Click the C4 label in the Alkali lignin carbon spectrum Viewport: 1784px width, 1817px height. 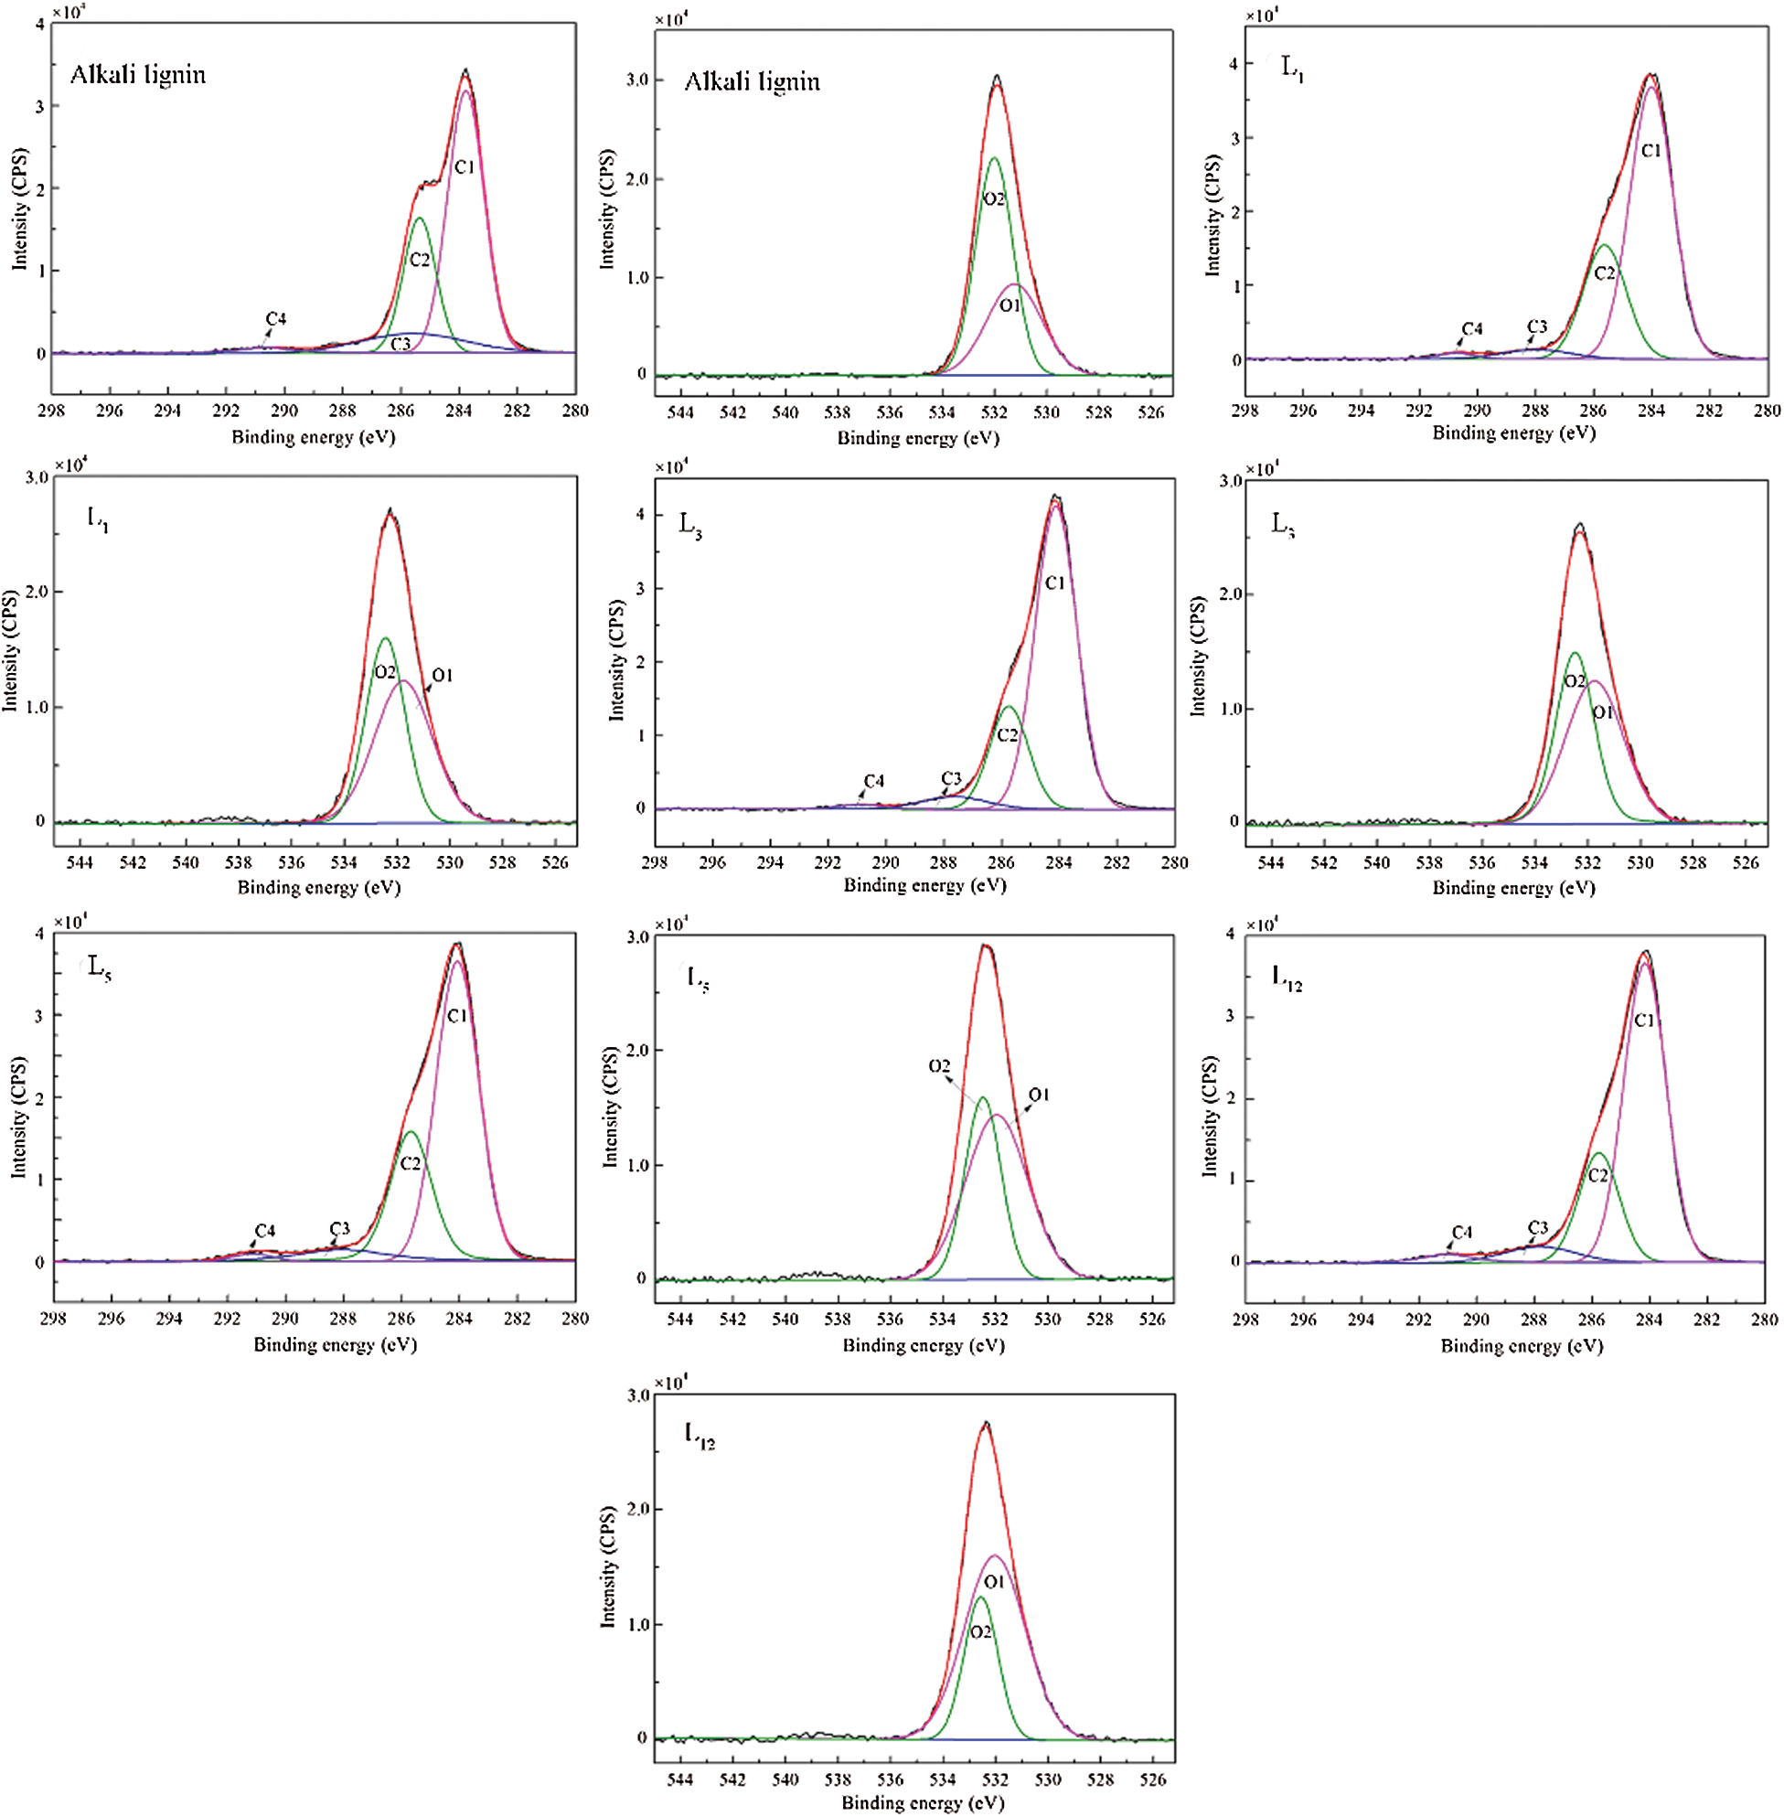point(275,318)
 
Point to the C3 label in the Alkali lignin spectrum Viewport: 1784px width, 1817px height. point(401,344)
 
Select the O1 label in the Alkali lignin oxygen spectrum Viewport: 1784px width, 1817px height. point(1010,305)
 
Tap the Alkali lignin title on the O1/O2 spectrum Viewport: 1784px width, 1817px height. point(752,82)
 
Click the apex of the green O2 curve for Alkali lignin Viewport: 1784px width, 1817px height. point(994,158)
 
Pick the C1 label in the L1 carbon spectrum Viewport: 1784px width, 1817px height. point(1650,150)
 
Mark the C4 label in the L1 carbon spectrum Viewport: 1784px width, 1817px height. point(1472,328)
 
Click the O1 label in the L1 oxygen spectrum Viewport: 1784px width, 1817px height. point(443,675)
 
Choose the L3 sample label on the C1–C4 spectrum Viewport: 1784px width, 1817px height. point(690,525)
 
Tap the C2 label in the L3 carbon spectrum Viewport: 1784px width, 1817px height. point(1008,735)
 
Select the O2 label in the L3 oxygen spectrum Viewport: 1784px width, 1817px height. point(1575,681)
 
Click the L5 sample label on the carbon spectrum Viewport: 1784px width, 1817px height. point(100,967)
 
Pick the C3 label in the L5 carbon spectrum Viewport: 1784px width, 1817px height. point(339,1228)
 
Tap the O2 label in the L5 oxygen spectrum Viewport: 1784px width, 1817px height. point(939,1066)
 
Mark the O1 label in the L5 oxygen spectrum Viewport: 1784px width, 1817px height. point(1039,1095)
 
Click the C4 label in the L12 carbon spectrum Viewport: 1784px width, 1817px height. point(1462,1233)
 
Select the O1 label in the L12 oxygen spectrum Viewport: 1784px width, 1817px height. point(994,1582)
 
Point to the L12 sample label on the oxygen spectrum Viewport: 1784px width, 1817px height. point(699,1435)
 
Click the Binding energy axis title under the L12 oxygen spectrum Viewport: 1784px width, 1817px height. point(923,1802)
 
